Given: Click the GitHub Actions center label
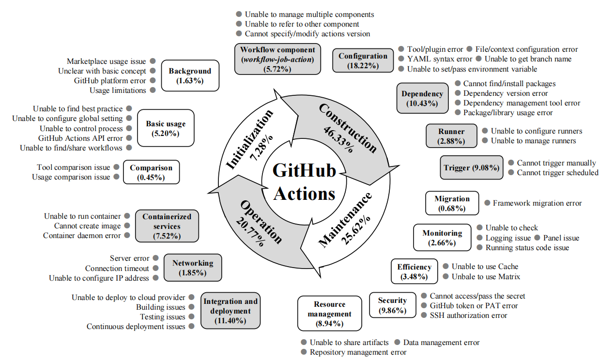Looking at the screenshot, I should point(304,182).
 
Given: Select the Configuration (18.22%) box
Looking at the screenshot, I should point(363,60).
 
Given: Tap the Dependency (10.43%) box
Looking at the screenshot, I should point(422,98).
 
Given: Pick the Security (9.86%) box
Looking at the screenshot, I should point(392,305).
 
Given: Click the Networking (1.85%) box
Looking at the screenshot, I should point(193,268).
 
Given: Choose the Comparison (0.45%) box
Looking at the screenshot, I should point(151,172).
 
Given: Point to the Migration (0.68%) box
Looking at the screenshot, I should point(452,203).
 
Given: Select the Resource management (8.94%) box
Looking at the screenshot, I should point(329,314).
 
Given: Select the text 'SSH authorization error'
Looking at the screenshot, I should point(469,315).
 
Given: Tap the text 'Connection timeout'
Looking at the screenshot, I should point(117,268).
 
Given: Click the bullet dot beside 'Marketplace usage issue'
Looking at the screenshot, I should point(153,61).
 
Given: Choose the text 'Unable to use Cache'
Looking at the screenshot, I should point(485,267).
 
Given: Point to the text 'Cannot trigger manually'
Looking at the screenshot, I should point(556,163).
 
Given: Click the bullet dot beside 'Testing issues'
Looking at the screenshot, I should point(192,316).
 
